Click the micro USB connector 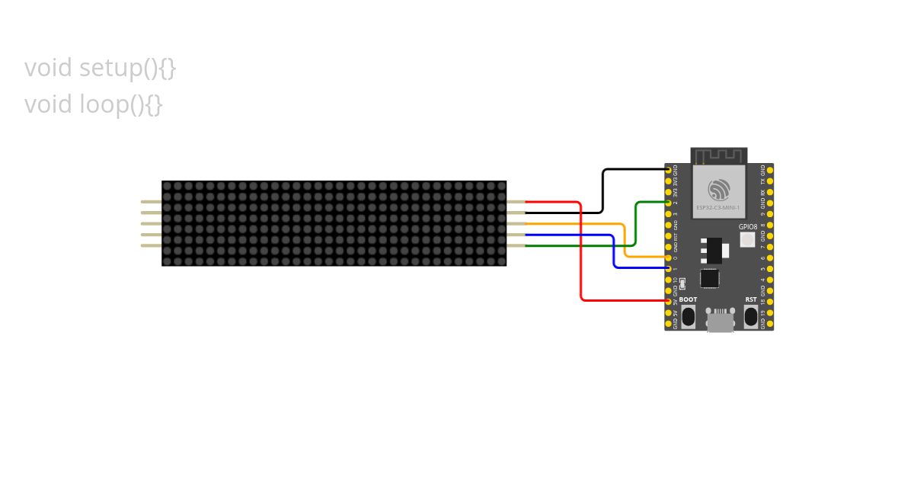(x=720, y=320)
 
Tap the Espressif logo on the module (x=719, y=189)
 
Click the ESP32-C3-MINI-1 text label (x=719, y=207)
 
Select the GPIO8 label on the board (x=748, y=227)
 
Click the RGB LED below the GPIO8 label (x=747, y=240)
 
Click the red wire (x=582, y=251)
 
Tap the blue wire (x=614, y=251)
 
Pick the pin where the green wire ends (x=669, y=203)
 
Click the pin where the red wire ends (x=669, y=301)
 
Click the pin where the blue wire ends (x=669, y=268)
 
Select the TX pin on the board (x=769, y=181)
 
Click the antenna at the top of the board (x=719, y=156)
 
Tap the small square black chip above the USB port (x=710, y=278)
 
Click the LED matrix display (x=334, y=223)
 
